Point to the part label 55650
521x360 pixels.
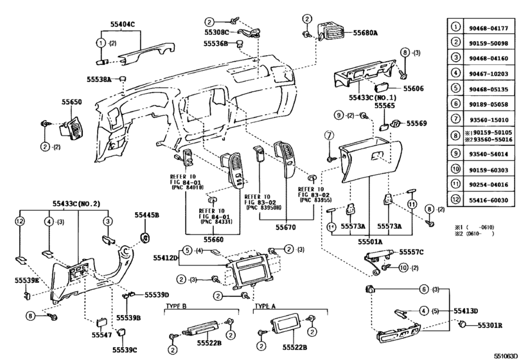point(72,102)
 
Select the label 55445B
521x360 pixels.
point(147,215)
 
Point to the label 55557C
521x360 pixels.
point(412,253)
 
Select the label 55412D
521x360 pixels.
point(165,258)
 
